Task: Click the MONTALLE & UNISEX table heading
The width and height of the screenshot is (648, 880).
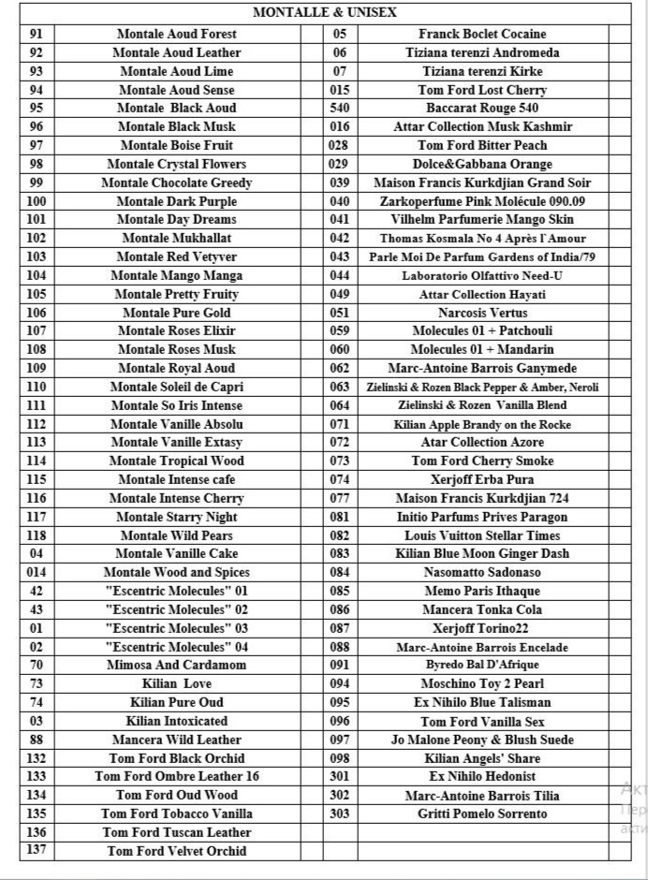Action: [x=324, y=13]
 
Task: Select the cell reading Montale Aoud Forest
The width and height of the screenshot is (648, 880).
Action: [x=177, y=34]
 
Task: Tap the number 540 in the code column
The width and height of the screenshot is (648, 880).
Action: [x=339, y=109]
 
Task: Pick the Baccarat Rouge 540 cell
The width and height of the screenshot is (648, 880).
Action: [x=482, y=109]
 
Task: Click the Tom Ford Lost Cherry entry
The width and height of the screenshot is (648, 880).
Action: [x=482, y=90]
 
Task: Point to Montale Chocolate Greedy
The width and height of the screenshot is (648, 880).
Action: [x=177, y=183]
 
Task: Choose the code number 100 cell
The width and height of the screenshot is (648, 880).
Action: [x=37, y=201]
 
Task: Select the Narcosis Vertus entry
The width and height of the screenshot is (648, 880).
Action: [x=482, y=313]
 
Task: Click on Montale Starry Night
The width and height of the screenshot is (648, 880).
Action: [x=177, y=517]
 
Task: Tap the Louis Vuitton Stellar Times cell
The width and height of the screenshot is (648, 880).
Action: [x=482, y=535]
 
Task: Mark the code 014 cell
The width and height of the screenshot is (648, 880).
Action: [x=37, y=572]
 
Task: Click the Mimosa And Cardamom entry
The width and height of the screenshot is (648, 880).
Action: [x=177, y=665]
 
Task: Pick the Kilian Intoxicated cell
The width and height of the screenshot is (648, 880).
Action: [x=177, y=721]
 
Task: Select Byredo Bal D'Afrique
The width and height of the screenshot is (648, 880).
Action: [x=482, y=665]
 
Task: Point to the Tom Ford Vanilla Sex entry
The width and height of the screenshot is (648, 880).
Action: [x=482, y=722]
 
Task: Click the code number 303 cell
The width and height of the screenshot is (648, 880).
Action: [x=339, y=814]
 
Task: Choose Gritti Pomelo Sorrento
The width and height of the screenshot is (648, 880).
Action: [x=482, y=814]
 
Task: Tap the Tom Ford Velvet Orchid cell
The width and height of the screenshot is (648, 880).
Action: [x=177, y=851]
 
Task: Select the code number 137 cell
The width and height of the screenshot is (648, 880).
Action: [x=37, y=851]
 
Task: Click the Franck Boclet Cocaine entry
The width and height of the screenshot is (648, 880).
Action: [x=482, y=34]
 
